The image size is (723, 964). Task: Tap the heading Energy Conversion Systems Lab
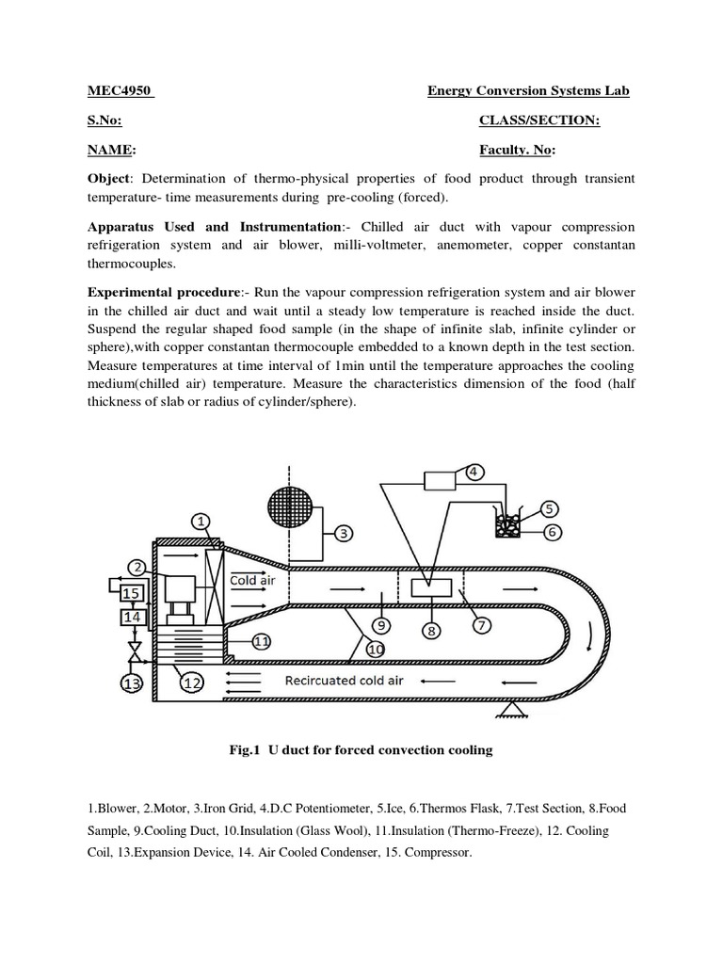(x=528, y=90)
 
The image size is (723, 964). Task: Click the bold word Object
(x=107, y=179)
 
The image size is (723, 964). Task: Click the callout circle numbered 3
(x=345, y=533)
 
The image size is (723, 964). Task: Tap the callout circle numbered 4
(x=474, y=471)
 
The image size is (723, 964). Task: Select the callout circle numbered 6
(x=552, y=532)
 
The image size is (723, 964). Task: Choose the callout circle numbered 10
(x=376, y=649)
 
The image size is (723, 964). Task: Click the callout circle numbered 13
(x=131, y=684)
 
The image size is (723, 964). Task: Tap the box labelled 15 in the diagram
(x=131, y=593)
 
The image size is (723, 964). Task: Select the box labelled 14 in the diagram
(x=131, y=619)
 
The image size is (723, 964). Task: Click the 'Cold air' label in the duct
(x=252, y=581)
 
